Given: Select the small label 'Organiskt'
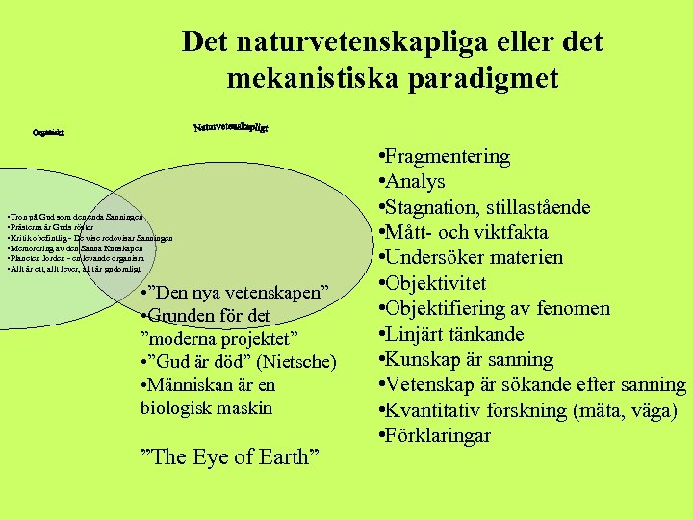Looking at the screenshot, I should pos(47,134).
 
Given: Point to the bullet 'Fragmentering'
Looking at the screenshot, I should pos(448,156).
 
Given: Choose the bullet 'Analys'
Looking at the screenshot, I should pos(417,181).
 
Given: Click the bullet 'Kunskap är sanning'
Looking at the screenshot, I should pos(470,359).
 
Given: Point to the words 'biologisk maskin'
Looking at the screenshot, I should pos(206,407).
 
